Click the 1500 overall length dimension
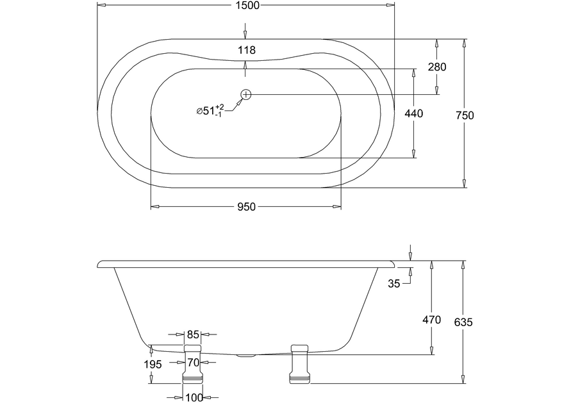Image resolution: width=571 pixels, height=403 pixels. click(247, 5)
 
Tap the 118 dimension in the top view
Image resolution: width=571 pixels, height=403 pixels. click(247, 50)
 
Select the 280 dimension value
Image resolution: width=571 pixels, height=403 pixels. click(437, 67)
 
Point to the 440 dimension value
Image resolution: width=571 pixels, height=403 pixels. click(414, 113)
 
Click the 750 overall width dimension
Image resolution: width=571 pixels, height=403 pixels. click(465, 115)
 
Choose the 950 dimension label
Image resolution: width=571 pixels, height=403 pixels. click(247, 207)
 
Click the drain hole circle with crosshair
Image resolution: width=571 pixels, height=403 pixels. click(246, 95)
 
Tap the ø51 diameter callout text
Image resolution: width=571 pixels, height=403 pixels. click(210, 110)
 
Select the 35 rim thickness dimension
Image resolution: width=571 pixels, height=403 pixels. click(393, 283)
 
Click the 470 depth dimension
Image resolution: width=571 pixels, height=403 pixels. click(431, 320)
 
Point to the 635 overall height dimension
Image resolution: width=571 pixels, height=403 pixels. click(463, 322)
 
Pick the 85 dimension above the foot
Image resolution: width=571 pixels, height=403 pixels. click(193, 334)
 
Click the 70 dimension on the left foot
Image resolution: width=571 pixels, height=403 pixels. click(194, 363)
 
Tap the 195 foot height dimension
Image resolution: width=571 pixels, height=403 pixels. click(153, 364)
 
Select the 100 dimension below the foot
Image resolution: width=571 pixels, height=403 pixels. click(194, 397)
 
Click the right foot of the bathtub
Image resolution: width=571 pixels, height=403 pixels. click(301, 364)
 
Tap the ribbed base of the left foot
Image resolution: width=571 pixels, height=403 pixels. click(192, 379)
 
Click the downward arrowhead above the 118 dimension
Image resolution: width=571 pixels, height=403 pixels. click(245, 35)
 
